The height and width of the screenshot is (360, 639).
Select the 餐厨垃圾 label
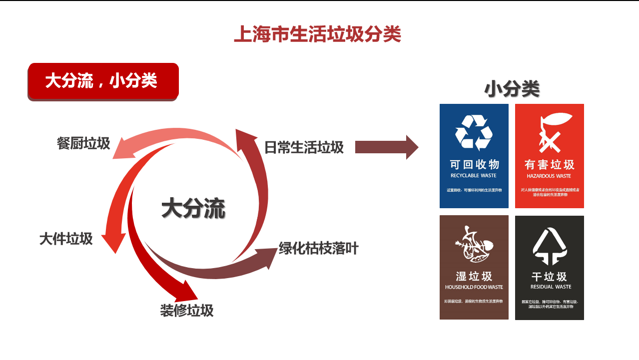coord(83,144)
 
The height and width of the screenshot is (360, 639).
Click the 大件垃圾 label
coord(66,239)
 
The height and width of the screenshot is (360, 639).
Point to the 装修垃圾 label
coord(187,311)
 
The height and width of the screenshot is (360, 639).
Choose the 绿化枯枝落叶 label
coord(319,248)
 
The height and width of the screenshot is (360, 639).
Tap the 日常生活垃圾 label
coord(304,147)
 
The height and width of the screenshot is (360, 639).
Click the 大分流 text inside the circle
coord(193,208)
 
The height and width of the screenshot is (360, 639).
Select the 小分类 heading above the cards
coord(512,89)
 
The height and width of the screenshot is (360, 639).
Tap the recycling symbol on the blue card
coord(474,132)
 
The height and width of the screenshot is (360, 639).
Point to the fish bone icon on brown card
coord(473,245)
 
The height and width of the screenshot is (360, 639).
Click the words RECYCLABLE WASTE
coord(474,176)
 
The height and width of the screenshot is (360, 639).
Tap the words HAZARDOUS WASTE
coord(549,176)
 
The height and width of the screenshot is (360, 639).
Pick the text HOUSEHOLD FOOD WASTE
coord(474,287)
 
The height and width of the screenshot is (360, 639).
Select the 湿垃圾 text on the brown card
coord(474,276)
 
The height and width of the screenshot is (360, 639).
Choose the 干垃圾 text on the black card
coord(549,277)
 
